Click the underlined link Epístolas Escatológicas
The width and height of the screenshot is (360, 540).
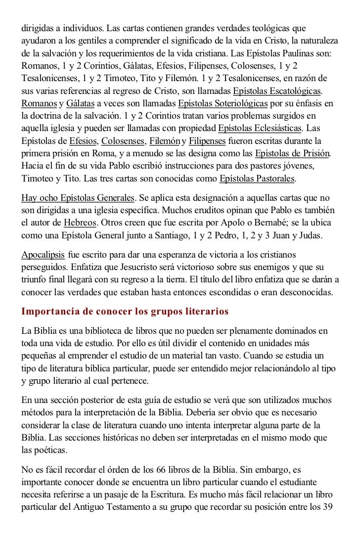270,91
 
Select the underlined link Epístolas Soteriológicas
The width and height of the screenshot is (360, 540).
223,104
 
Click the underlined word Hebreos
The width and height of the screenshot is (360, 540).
80,223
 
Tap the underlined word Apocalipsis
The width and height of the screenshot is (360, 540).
43,255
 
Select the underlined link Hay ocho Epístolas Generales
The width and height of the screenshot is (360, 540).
78,198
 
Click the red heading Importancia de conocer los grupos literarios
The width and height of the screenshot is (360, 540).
125,312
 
